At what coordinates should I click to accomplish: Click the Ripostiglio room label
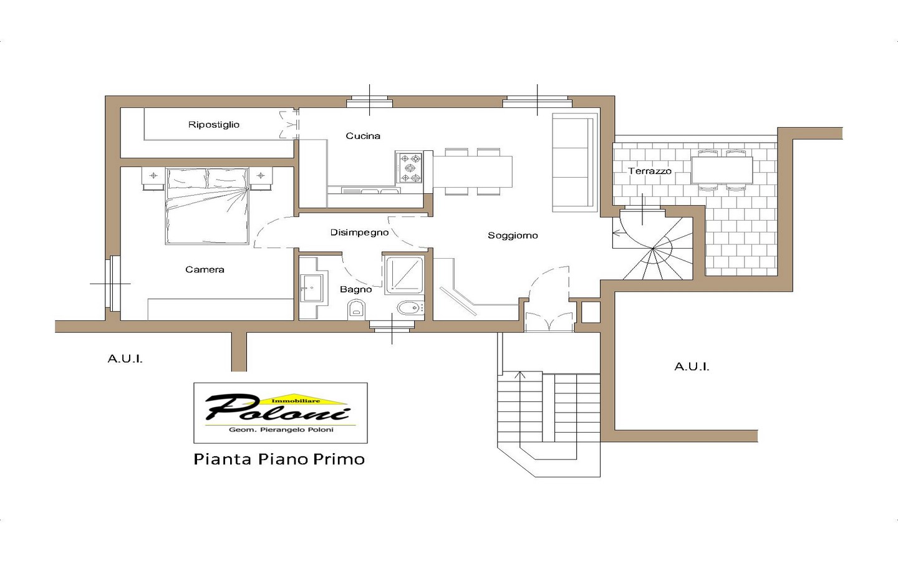pos(214,125)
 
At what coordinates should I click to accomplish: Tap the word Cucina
pos(363,136)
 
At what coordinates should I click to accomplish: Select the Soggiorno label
pos(513,235)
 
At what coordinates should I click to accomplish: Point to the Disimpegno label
pos(359,233)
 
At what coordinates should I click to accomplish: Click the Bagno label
pos(355,289)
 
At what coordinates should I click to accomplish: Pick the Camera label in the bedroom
pos(205,269)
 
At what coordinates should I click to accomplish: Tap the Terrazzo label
pos(649,171)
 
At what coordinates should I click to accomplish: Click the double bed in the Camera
pos(206,206)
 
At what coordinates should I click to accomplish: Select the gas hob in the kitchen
pos(409,168)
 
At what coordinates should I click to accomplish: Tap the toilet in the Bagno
pos(357,309)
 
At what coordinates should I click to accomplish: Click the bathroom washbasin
pos(312,287)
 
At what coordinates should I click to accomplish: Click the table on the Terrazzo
pos(722,170)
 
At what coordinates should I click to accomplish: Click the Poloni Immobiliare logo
pos(280,413)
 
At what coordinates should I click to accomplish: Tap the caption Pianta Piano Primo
pos(279,459)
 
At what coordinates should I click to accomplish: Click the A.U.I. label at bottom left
pos(125,358)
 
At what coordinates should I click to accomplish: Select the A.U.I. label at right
pos(692,367)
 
